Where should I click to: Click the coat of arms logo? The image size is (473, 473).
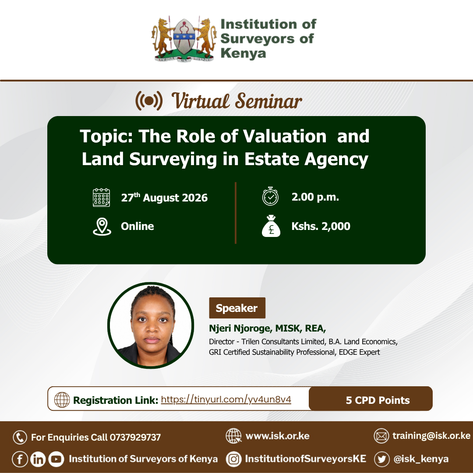pos(184,39)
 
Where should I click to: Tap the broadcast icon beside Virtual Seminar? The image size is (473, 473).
pos(149,101)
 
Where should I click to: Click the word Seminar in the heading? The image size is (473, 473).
pos(268,101)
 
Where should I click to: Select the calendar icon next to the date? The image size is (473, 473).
pos(101,198)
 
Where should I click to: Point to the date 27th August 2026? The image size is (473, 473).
pos(164,198)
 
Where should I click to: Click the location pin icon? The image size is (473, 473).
pos(102,226)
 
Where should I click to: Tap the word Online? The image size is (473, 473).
pos(138,226)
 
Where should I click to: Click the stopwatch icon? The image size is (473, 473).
pos(270,196)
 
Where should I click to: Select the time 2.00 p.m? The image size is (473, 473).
pos(315,197)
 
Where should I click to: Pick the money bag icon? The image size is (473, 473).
pos(271,226)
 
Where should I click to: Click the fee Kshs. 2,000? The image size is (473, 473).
pos(321,226)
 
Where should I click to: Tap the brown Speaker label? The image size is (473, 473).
pos(237,308)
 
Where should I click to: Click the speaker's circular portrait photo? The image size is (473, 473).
pos(151,325)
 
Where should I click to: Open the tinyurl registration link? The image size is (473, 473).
pos(226,400)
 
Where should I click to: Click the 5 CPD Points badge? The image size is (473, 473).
pos(371,399)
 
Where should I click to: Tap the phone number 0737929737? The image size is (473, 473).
pos(135,438)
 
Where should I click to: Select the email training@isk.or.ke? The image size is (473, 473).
pos(431,436)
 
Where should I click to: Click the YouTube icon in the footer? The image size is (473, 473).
pos(56,459)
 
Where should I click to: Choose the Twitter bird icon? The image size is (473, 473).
pos(382,459)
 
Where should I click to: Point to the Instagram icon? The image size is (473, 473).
pos(234,459)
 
